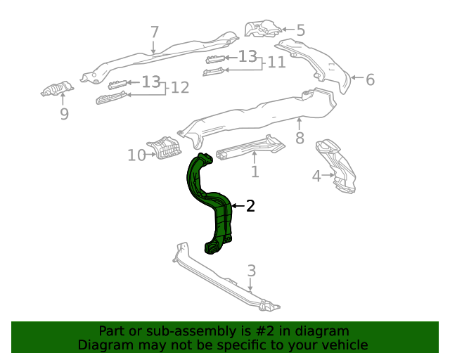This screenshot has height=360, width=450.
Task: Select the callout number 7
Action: (x=155, y=32)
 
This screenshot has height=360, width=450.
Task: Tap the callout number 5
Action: (x=300, y=30)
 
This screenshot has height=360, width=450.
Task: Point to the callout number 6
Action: (x=370, y=79)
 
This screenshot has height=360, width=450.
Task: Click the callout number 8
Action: (x=300, y=138)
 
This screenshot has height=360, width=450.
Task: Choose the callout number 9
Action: (x=64, y=113)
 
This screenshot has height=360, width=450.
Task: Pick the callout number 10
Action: (x=136, y=155)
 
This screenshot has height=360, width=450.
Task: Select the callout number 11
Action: (x=276, y=63)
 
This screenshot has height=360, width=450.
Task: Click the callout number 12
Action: (x=180, y=88)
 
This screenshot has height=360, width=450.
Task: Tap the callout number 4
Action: (x=316, y=176)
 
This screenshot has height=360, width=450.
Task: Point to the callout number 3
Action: (x=251, y=271)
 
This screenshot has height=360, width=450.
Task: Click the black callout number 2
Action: (x=250, y=206)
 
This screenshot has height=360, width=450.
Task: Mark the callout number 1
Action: (x=255, y=171)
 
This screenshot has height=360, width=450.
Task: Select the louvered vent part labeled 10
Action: (x=166, y=148)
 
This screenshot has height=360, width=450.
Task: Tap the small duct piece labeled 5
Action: (x=261, y=28)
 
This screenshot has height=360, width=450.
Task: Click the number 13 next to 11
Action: (x=247, y=57)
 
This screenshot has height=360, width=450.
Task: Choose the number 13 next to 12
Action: (x=150, y=82)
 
